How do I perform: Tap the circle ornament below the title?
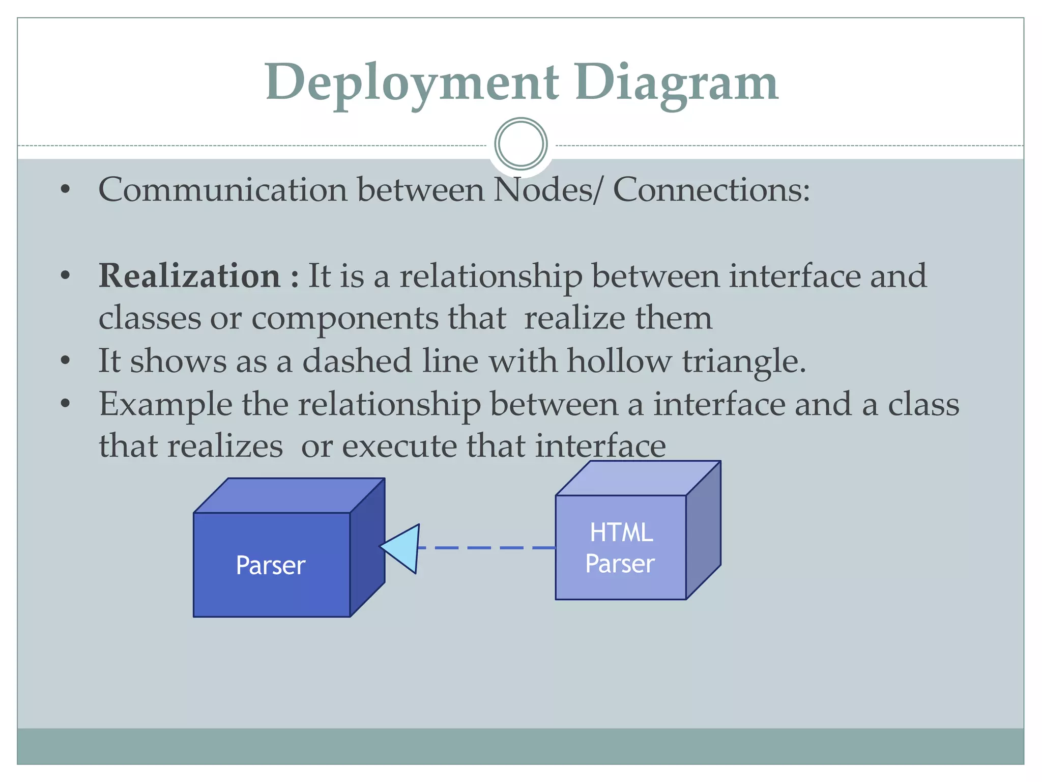click(x=520, y=144)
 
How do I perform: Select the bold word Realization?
click(x=189, y=276)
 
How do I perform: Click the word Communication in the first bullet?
click(x=223, y=189)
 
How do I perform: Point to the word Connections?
click(x=711, y=189)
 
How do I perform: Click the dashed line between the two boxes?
click(x=486, y=548)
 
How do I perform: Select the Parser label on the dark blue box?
click(x=270, y=565)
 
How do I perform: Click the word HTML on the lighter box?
click(x=621, y=533)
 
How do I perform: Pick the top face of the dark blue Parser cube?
click(x=289, y=495)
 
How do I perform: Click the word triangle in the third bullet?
click(x=744, y=361)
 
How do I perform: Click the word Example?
click(x=165, y=405)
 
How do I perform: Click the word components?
click(x=344, y=319)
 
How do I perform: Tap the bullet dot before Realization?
click(x=65, y=276)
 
